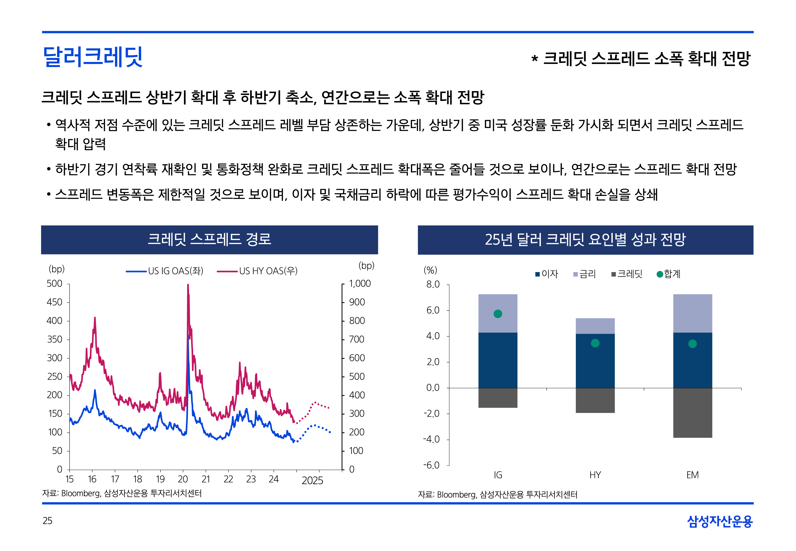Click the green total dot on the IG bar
pos(497,314)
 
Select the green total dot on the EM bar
pos(692,344)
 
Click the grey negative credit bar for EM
pos(692,413)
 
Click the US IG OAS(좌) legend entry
pos(165,271)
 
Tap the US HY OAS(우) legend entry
pos(257,271)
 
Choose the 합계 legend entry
pos(668,274)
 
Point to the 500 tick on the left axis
pos(55,284)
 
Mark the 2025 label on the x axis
pos(312,480)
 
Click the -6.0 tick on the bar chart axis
pos(432,465)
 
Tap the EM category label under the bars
pos(692,475)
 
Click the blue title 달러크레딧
pos(93,57)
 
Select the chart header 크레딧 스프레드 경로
pos(209,240)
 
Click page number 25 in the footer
pos(47,521)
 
